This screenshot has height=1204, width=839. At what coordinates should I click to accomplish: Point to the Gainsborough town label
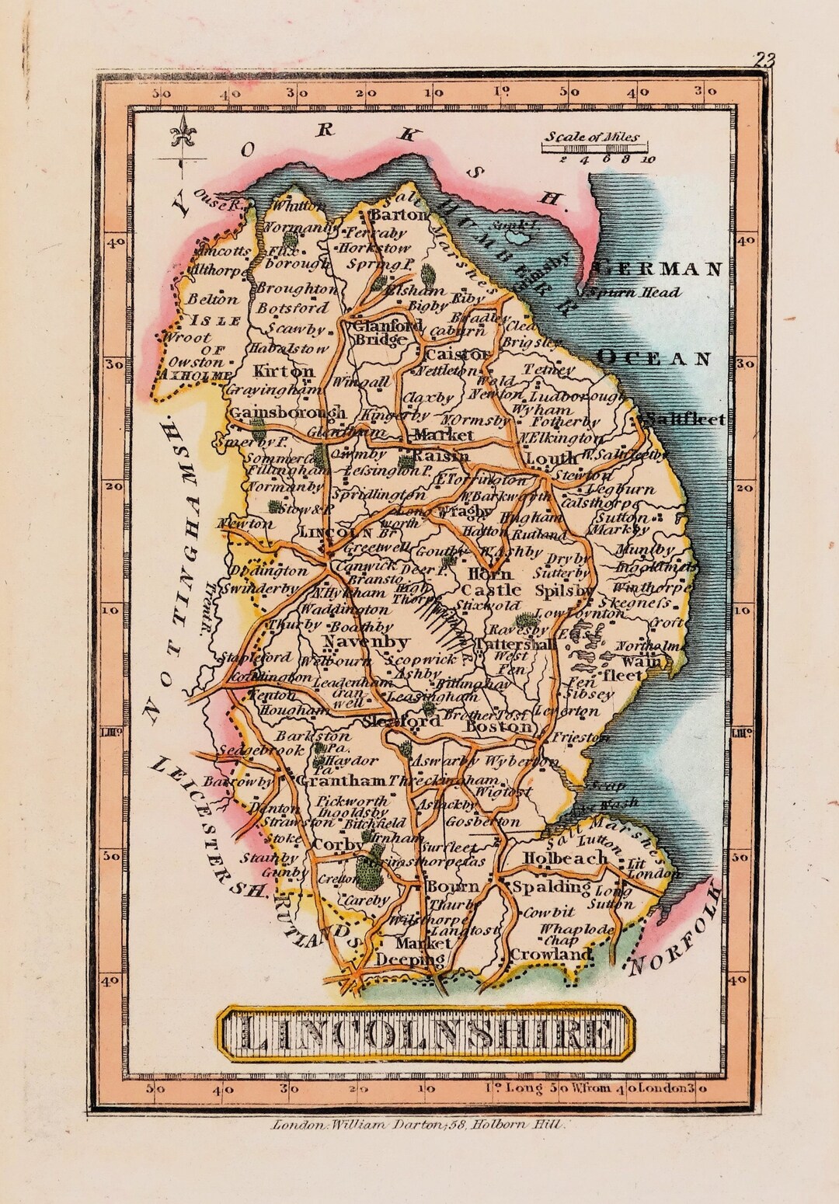click(287, 412)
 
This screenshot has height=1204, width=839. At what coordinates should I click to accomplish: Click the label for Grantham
click(342, 781)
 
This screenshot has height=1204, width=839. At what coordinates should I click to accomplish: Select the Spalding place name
click(548, 886)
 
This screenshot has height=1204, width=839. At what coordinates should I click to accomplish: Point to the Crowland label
click(551, 953)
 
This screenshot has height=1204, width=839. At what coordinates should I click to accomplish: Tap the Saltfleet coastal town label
click(684, 419)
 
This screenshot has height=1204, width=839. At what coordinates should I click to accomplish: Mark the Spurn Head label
click(636, 293)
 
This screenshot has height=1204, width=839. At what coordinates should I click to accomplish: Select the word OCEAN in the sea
click(654, 358)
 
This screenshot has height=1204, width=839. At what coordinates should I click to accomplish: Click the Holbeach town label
click(564, 858)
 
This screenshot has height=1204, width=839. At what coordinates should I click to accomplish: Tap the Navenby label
click(364, 642)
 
